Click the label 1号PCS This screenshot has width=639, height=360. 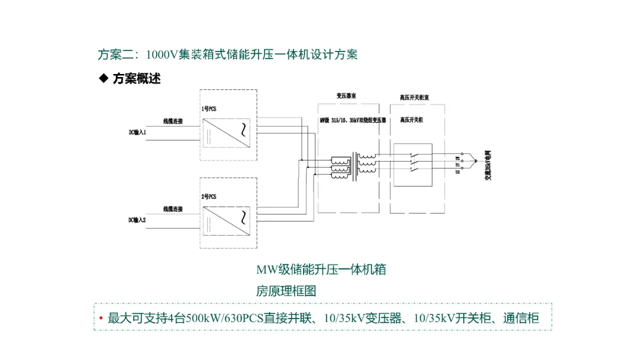pos(209,109)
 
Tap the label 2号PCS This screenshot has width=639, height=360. pos(209,196)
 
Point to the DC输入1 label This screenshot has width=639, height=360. pos(137,132)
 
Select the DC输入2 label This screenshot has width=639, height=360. pos(137,220)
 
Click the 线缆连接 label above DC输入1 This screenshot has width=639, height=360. pos(173,121)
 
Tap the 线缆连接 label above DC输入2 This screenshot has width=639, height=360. pos(173,209)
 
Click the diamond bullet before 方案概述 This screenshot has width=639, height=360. pos(104,78)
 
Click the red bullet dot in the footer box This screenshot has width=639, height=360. pos(101,319)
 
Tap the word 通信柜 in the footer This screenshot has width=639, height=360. pos(521,318)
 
